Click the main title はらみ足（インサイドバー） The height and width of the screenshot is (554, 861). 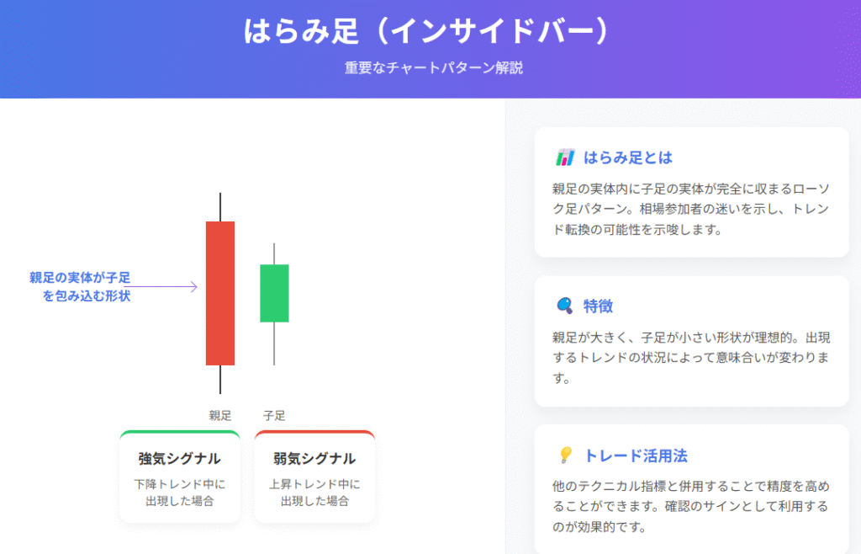coord(427,30)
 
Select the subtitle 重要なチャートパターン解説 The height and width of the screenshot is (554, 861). coord(434,67)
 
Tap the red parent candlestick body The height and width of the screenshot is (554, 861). coord(220,293)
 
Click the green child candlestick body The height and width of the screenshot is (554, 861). coord(274,293)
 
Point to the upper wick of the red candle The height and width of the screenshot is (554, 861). coord(220,207)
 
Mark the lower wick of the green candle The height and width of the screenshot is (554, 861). coord(274,344)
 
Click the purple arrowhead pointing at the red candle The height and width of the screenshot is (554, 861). coord(194,286)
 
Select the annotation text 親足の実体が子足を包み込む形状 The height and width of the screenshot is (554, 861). coord(80,286)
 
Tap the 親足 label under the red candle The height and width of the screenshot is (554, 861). coord(220,416)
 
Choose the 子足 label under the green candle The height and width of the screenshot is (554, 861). coord(274,416)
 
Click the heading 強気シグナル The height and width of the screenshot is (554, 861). coord(180,458)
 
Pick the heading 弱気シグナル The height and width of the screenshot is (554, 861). coord(314,458)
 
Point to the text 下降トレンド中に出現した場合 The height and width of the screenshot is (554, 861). coord(180,493)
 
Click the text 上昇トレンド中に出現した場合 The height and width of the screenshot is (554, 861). coord(314,493)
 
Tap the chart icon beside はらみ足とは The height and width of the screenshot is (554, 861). coord(565,157)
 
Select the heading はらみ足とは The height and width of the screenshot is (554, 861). coord(627,157)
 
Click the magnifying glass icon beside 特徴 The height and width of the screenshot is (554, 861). coord(564,306)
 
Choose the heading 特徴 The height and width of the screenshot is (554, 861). coord(598,306)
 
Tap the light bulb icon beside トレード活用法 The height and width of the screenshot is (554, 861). coord(565,455)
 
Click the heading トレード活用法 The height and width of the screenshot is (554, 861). coord(636,455)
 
